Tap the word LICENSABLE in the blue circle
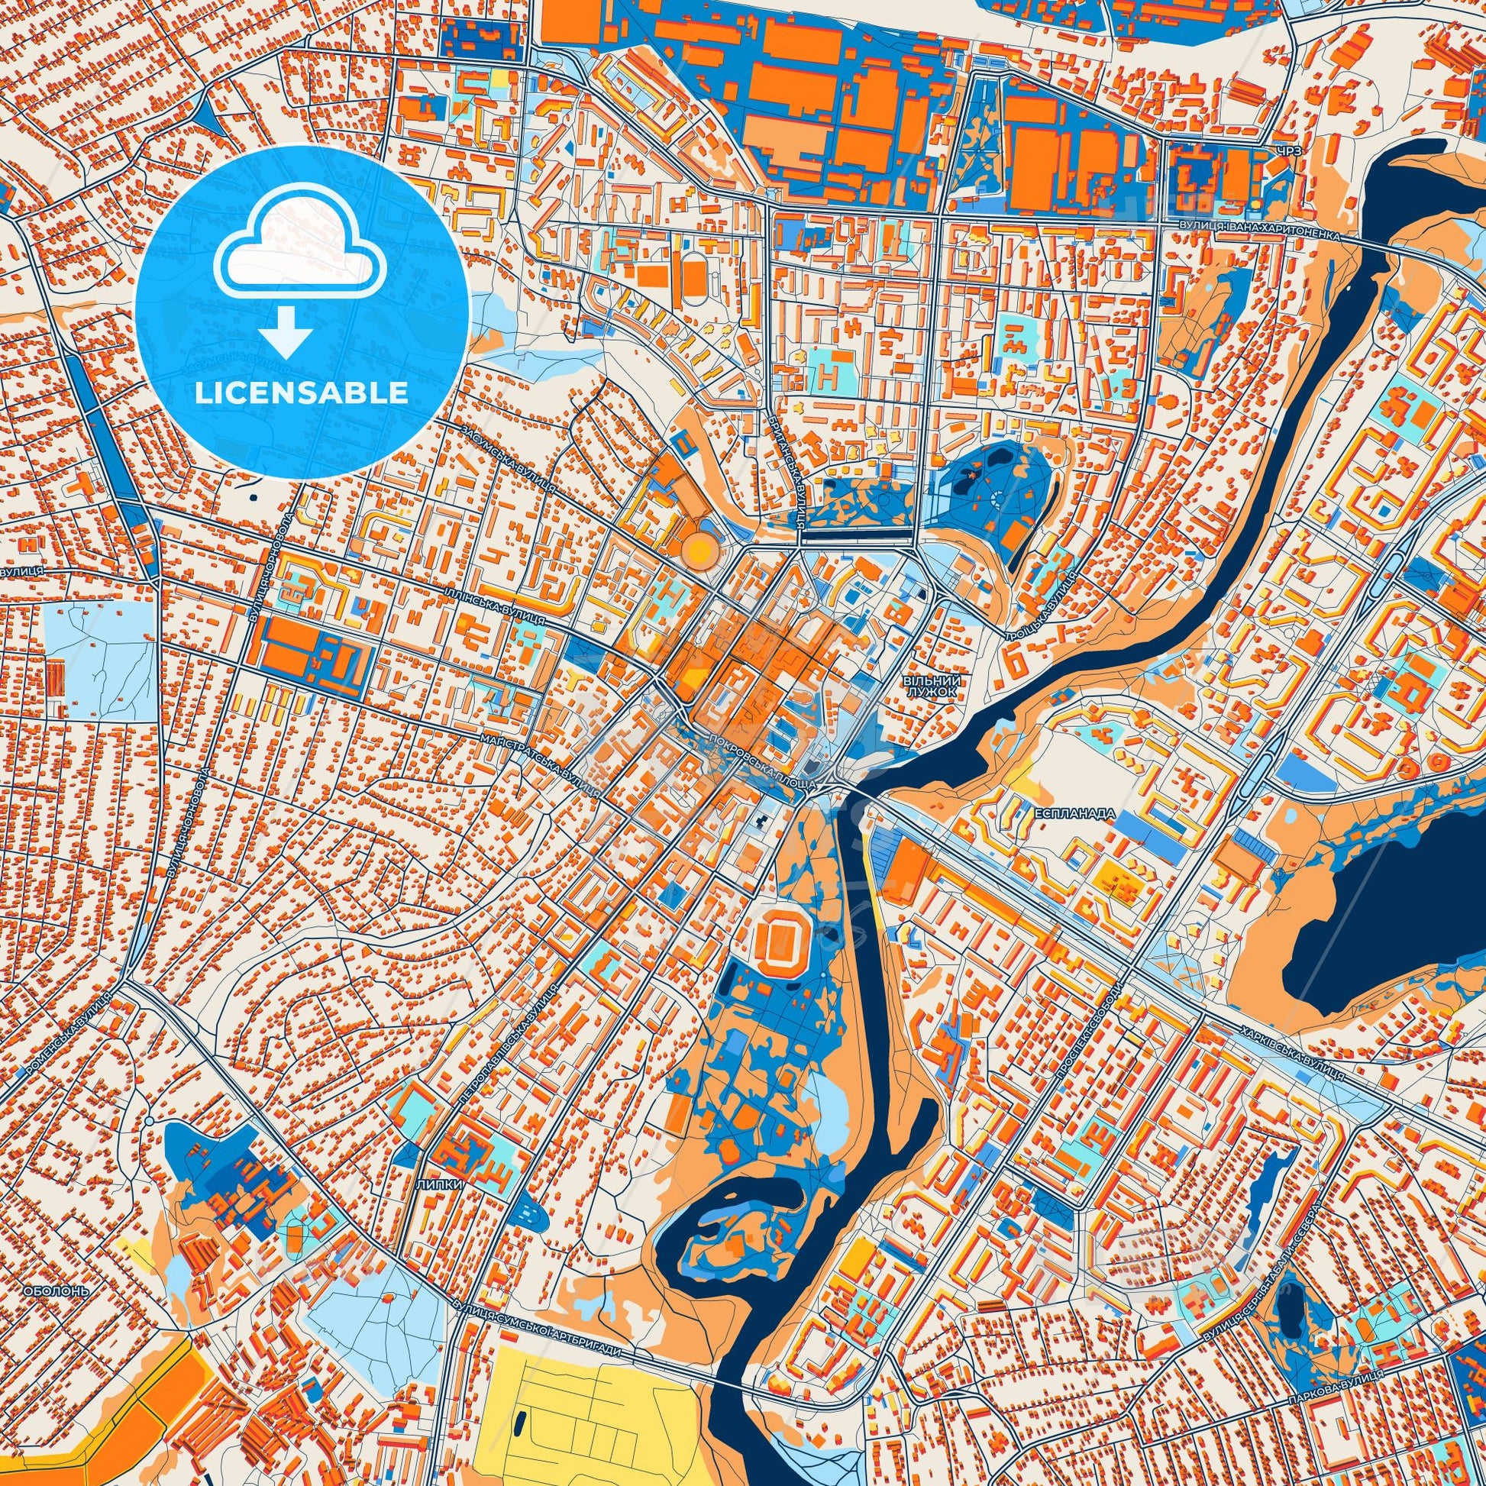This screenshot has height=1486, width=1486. tap(302, 393)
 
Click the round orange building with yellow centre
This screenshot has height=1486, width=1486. tap(699, 549)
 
